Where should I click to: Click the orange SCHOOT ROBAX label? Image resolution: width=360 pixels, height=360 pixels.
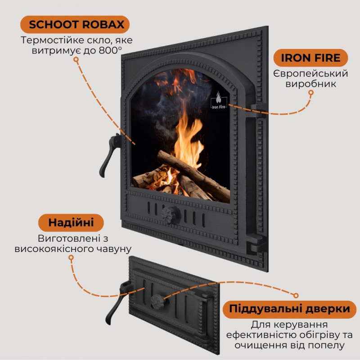[75, 24]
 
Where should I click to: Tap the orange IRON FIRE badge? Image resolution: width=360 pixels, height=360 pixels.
[310, 58]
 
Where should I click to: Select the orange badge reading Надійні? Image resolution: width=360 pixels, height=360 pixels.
[71, 222]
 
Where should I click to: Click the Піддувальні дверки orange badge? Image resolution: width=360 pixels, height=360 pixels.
[289, 309]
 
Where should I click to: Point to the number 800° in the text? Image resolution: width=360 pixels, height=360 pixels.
[110, 50]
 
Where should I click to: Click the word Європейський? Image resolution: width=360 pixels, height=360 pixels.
[310, 74]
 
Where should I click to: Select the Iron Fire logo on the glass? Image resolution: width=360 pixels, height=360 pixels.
[219, 100]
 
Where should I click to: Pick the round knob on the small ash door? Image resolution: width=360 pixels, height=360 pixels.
[157, 301]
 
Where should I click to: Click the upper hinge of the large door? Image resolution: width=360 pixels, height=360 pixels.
[258, 110]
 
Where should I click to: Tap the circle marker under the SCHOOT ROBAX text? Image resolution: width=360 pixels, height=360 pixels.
[76, 60]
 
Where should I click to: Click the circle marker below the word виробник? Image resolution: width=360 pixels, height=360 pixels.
[311, 93]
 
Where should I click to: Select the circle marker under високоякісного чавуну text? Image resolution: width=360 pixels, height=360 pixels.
[71, 257]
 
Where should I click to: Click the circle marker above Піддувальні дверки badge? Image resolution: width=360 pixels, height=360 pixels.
[296, 295]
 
